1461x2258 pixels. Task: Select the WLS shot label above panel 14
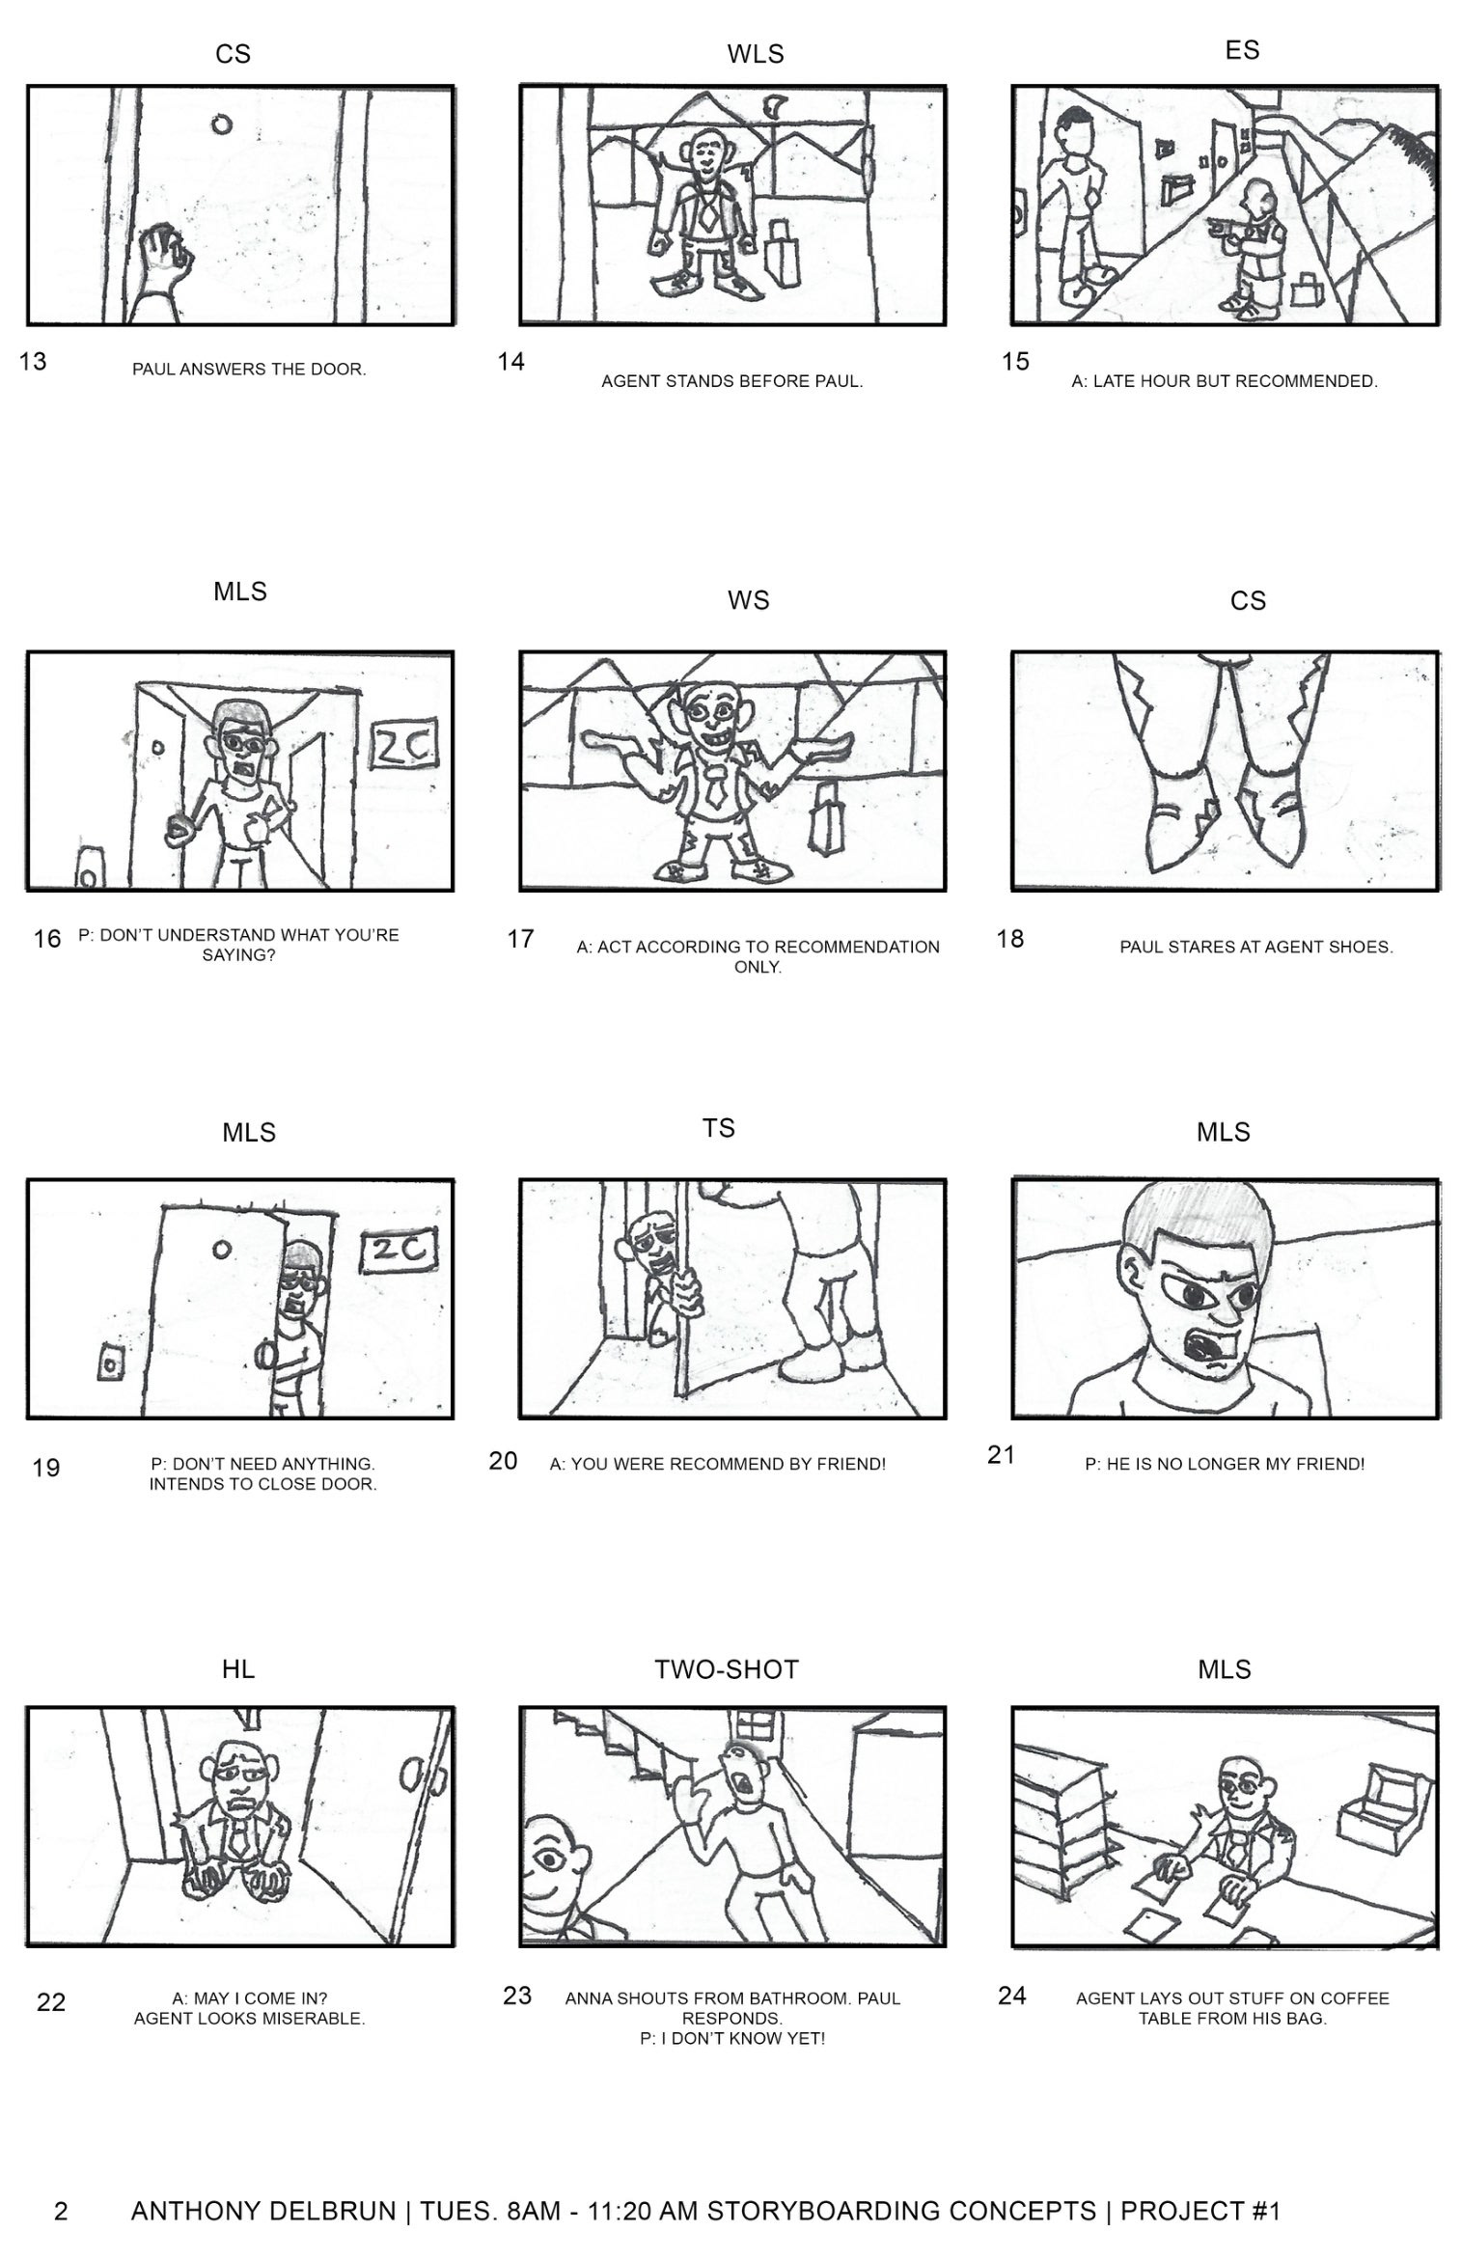tap(755, 55)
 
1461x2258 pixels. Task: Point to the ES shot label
tap(1242, 50)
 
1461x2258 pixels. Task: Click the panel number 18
tap(1009, 939)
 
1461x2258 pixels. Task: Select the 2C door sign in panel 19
tap(398, 1251)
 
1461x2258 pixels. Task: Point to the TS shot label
tap(718, 1128)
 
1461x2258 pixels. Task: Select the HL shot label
tap(237, 1669)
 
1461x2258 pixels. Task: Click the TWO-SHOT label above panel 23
tap(726, 1669)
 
